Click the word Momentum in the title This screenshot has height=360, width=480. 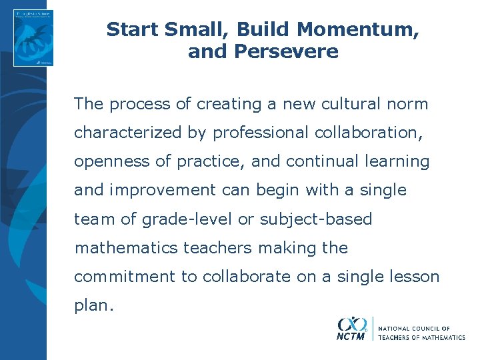click(x=358, y=30)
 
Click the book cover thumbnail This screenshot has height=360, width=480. click(x=33, y=37)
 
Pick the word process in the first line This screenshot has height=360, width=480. click(x=136, y=105)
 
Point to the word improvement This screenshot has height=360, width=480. click(x=161, y=191)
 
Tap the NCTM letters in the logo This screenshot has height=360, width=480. click(x=351, y=337)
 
